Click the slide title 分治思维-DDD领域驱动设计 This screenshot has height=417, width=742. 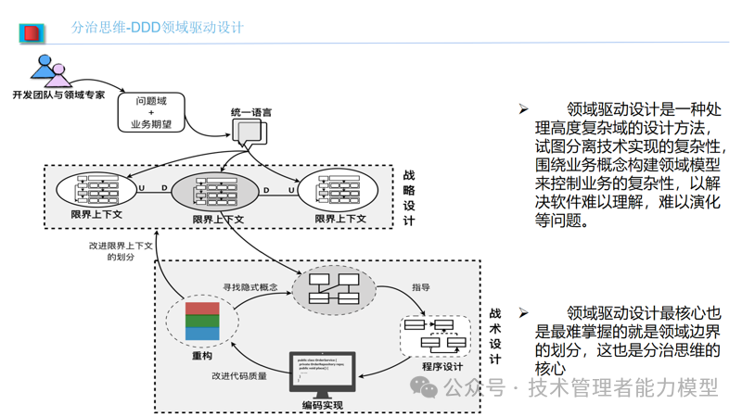click(158, 28)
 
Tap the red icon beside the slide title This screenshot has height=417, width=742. click(32, 33)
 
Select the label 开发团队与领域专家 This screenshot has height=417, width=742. click(58, 95)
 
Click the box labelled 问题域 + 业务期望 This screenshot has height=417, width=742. click(151, 111)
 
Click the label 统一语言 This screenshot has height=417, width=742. click(250, 112)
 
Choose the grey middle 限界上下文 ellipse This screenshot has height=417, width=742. click(216, 193)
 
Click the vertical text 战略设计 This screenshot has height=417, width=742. click(409, 197)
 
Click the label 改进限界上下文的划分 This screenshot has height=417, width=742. click(120, 250)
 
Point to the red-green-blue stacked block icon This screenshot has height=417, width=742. click(202, 321)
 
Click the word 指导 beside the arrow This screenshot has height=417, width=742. click(420, 287)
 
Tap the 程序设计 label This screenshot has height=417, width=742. click(442, 367)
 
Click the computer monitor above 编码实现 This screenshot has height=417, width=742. click(321, 373)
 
